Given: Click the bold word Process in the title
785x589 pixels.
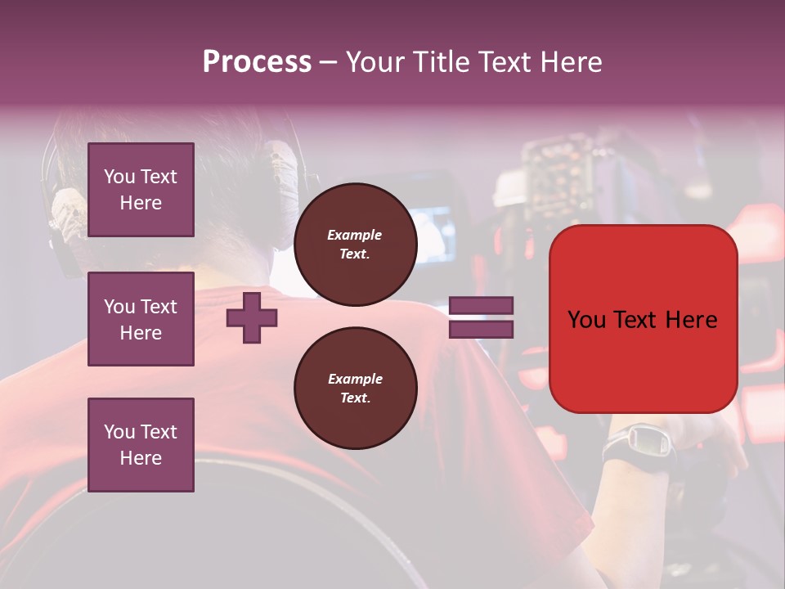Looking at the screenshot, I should click(257, 62).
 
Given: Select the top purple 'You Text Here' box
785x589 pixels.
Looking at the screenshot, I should click(141, 190).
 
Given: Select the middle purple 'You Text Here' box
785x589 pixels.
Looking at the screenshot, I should click(141, 319).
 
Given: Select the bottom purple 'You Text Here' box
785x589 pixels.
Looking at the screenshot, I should click(141, 445).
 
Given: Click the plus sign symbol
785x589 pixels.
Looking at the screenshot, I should click(252, 318).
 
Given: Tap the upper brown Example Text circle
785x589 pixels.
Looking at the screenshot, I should click(355, 245).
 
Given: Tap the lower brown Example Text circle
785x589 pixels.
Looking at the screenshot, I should click(355, 389).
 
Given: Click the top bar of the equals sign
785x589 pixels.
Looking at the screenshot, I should click(481, 306).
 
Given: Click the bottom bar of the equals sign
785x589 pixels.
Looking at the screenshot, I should click(481, 330).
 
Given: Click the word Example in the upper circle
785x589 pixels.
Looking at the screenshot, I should click(355, 235).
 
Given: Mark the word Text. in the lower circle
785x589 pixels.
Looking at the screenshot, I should click(355, 398).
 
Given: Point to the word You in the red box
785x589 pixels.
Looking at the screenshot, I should click(587, 320).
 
